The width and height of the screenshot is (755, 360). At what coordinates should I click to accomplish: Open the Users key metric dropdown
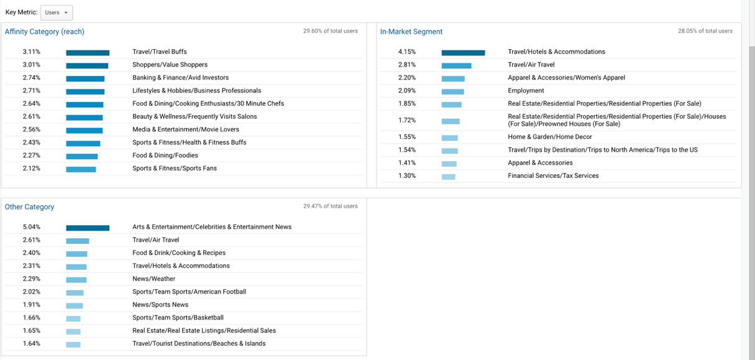56,12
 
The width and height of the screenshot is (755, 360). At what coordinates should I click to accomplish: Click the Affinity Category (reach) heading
44,32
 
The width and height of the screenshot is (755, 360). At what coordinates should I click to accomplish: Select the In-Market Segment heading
411,32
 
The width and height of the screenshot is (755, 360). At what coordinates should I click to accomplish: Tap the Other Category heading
29,207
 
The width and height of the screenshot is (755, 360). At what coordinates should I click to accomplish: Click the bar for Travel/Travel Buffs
88,52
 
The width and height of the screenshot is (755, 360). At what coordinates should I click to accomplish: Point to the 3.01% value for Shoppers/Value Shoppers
32,65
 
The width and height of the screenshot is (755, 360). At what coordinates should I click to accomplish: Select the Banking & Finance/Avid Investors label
180,78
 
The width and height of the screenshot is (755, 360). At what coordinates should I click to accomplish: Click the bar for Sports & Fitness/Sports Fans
81,169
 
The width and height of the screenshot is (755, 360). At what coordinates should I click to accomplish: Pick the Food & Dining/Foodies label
165,155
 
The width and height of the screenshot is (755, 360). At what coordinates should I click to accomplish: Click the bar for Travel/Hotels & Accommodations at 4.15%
463,52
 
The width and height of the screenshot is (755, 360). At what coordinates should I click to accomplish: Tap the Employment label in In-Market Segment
526,91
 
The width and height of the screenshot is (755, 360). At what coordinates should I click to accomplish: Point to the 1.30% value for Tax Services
407,176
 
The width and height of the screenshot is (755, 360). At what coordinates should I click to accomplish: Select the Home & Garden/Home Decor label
550,137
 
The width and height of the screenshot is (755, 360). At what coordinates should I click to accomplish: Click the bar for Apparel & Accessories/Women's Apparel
453,78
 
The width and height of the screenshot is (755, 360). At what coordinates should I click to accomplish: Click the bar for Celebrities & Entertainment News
88,228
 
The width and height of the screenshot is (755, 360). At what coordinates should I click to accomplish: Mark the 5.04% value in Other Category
32,227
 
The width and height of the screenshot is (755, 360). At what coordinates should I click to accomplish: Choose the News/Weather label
153,279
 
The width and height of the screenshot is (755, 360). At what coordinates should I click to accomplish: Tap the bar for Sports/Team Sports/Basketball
73,318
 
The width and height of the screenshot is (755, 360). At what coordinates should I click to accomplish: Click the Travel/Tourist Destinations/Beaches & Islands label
199,343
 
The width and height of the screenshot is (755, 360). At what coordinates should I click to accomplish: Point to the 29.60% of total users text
330,31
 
